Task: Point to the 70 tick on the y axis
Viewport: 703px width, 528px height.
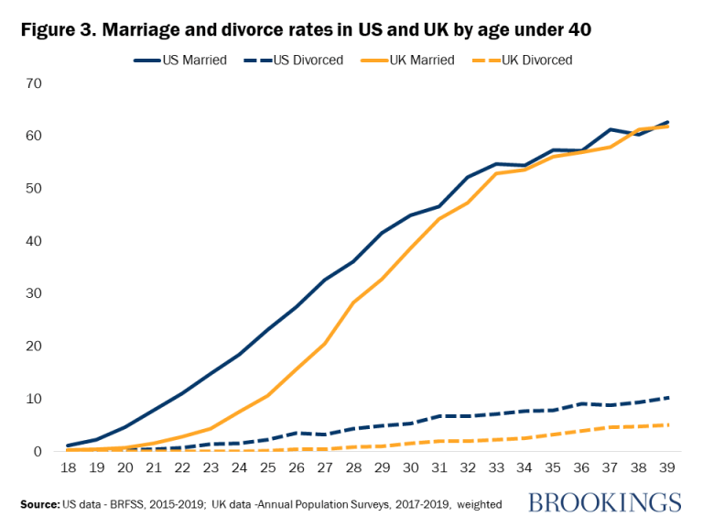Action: click(34, 83)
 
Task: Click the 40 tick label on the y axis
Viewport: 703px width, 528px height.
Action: click(34, 241)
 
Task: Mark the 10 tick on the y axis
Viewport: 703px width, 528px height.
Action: click(34, 399)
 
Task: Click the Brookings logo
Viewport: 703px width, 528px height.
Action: click(604, 502)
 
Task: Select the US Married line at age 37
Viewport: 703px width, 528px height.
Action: click(611, 129)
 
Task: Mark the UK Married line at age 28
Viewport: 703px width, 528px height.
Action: click(354, 302)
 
